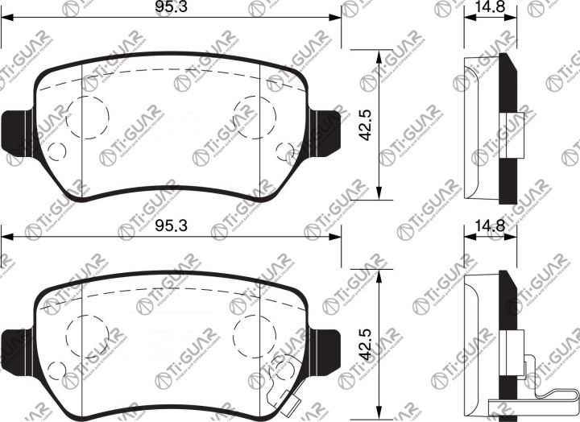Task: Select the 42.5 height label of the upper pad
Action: click(x=365, y=124)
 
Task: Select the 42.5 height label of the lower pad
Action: click(x=365, y=343)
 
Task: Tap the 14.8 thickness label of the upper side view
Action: click(x=489, y=8)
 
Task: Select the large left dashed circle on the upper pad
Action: click(x=87, y=117)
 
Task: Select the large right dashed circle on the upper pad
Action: click(x=254, y=115)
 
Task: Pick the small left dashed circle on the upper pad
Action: click(x=56, y=151)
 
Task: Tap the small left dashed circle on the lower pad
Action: click(x=56, y=370)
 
